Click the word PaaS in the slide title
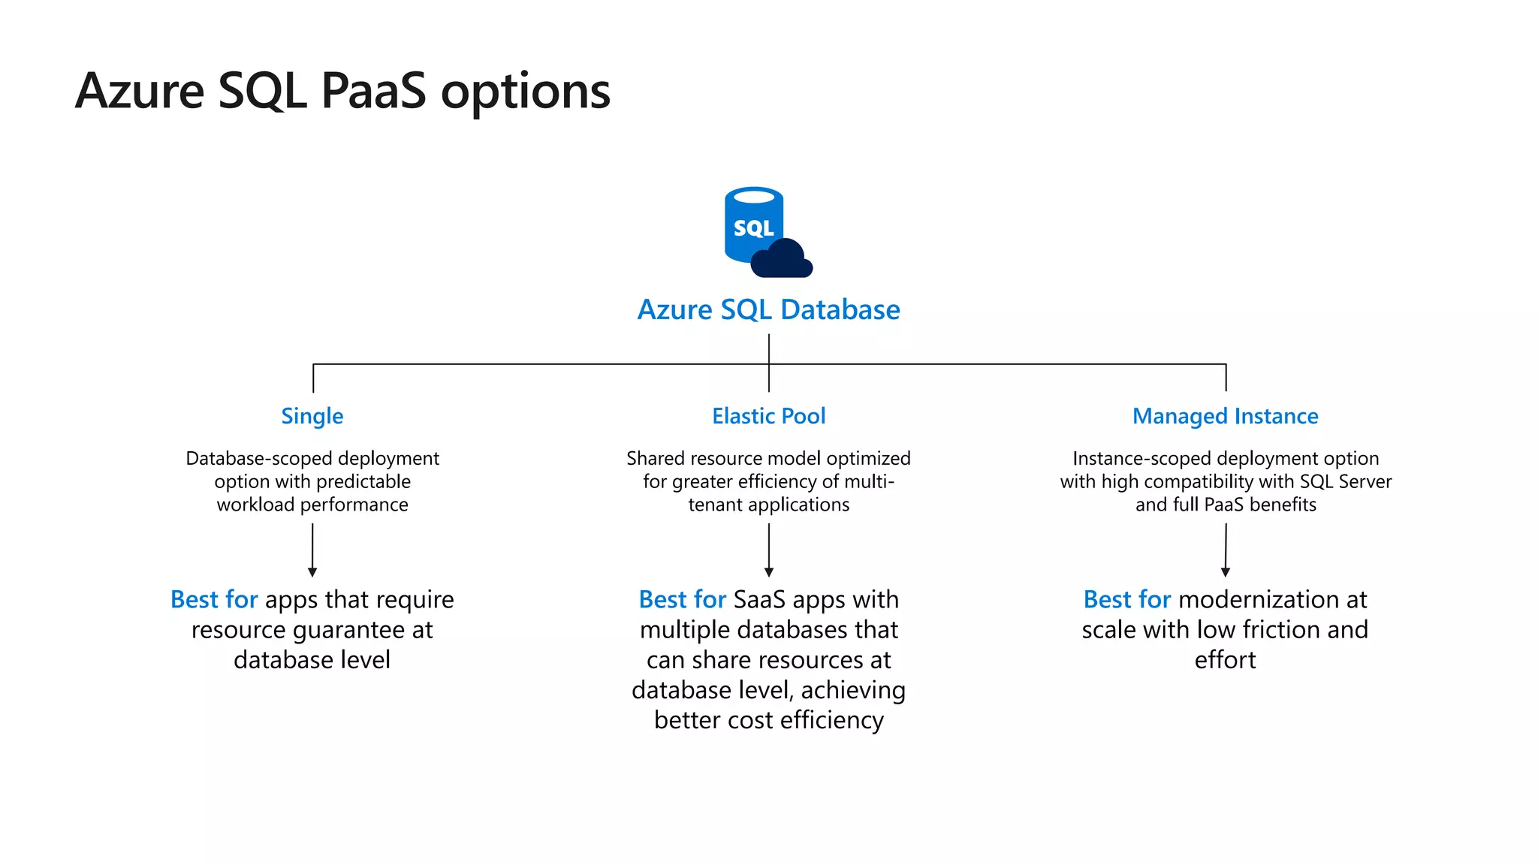(373, 92)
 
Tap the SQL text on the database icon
(753, 228)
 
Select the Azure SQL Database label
(768, 310)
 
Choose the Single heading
(312, 416)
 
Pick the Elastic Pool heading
(768, 416)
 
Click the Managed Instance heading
(1225, 416)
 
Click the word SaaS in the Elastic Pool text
(759, 599)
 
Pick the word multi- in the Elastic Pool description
(870, 481)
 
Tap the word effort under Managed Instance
(1225, 660)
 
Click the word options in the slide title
(526, 92)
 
